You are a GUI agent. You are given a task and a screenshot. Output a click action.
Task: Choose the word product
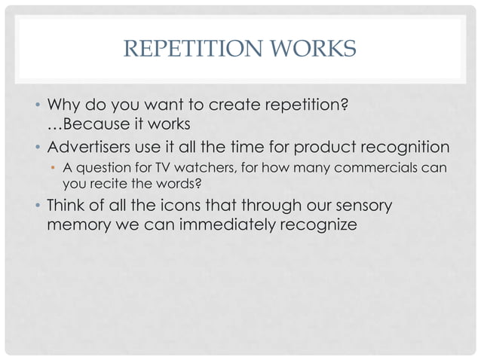pos(316,146)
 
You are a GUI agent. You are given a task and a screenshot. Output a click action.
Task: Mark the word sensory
pos(368,205)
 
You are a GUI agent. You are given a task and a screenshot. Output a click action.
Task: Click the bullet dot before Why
pos(38,105)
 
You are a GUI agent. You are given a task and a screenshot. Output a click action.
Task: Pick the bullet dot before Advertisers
pos(38,146)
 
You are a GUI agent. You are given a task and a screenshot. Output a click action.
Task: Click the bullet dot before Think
pos(38,205)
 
